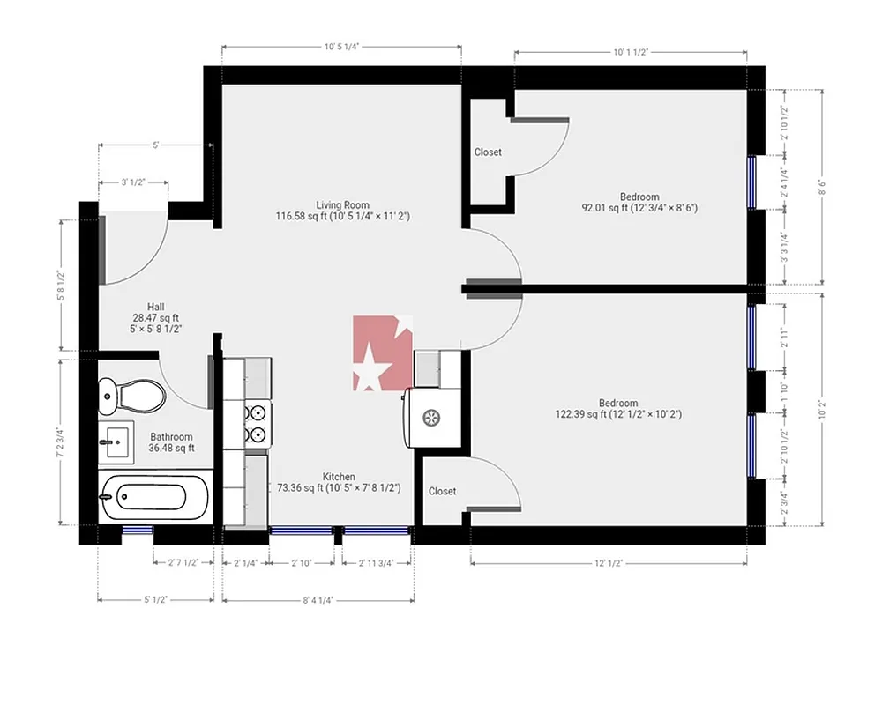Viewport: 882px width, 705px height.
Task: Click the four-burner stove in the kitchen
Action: tap(257, 422)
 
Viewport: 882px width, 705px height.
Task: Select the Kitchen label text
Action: tap(339, 477)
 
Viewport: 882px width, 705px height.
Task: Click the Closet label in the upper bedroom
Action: tap(488, 152)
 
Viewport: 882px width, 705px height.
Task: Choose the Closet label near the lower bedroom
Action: tap(442, 491)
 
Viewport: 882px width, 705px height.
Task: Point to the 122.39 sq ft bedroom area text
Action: tap(617, 414)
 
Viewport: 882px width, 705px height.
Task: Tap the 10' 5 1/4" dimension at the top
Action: tap(341, 47)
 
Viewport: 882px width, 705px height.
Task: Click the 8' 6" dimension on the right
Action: tap(822, 187)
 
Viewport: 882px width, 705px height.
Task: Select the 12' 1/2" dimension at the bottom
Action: tap(609, 562)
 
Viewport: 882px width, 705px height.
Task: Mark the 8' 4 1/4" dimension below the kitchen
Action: tap(318, 600)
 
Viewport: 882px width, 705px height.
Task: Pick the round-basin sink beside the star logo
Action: tap(432, 417)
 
